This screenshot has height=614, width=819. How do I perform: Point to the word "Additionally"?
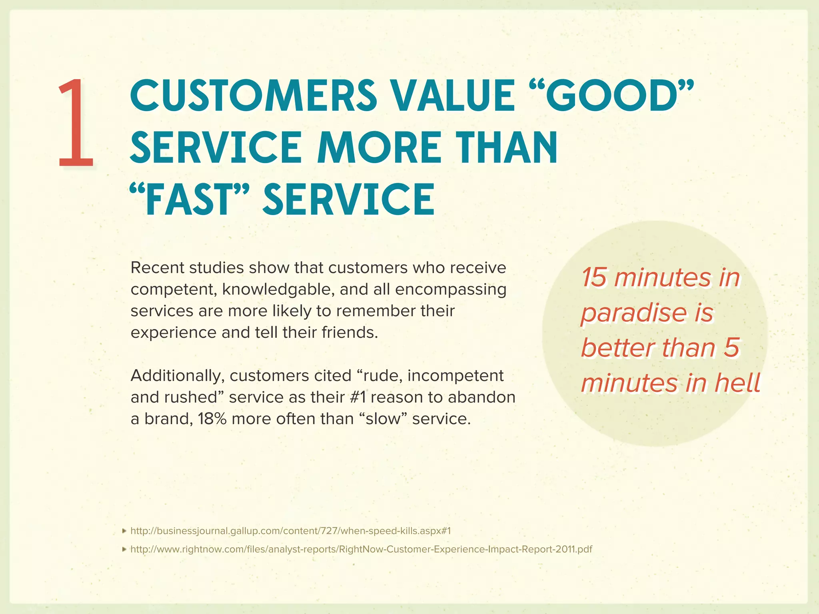(177, 376)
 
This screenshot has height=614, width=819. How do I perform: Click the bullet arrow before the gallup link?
(124, 531)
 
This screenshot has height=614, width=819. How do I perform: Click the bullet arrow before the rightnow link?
(124, 550)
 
